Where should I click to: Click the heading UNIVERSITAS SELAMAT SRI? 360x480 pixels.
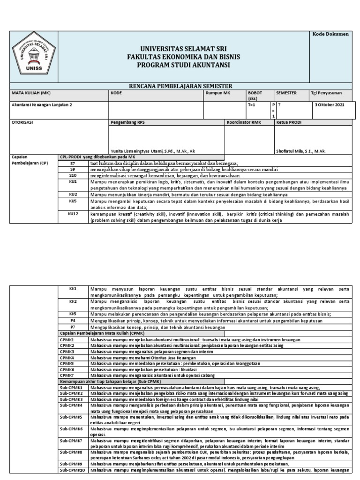point(183,49)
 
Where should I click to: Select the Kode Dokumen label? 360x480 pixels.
point(330,35)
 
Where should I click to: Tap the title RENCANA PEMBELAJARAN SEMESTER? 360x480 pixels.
point(183,86)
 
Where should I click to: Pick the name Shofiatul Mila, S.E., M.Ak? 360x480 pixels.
point(301,151)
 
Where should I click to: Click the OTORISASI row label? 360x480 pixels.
point(22,122)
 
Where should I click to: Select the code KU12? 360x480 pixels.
point(73,213)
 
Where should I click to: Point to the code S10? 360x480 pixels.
point(73,175)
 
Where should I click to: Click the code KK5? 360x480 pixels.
point(73,314)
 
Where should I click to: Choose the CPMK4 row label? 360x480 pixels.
point(67,357)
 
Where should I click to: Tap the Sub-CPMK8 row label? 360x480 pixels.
point(71,452)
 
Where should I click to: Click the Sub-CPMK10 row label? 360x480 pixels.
point(72,470)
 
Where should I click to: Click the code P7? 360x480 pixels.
point(73,327)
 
